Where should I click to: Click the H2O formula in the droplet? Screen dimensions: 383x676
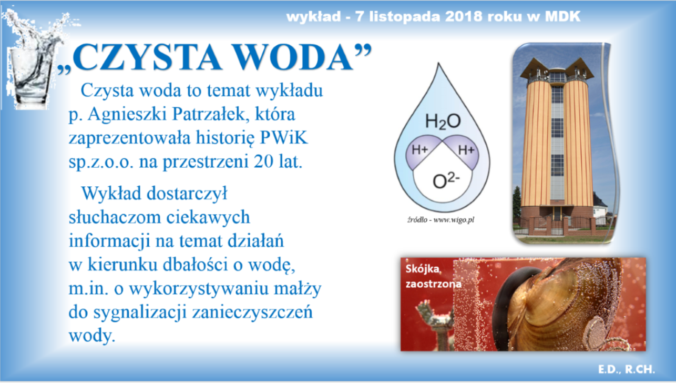443,122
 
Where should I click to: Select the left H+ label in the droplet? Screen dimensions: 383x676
419,150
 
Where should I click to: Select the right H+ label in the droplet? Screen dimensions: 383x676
466,150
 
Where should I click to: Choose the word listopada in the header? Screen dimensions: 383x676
399,16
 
